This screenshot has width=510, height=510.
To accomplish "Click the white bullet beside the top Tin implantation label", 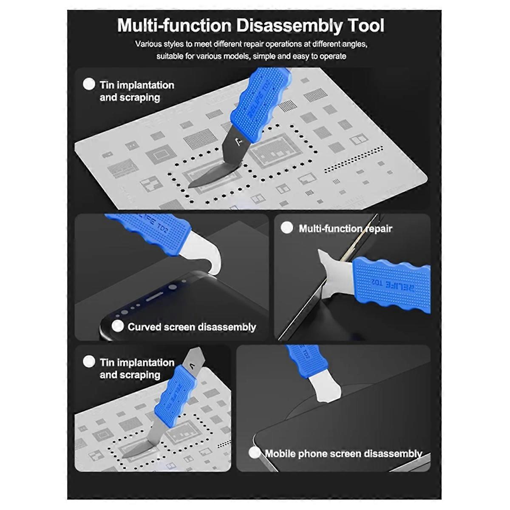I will [89, 84].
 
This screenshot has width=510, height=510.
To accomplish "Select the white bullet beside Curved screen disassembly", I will [117, 326].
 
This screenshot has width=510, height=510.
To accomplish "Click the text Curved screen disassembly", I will [192, 327].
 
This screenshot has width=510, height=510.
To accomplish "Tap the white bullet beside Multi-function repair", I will [287, 228].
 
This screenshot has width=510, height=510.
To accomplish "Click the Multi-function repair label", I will [345, 229].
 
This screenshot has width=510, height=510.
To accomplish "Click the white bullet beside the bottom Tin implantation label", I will [89, 361].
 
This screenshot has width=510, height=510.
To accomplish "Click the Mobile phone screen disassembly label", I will [343, 453].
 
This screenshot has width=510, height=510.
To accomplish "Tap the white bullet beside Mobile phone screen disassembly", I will [254, 453].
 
